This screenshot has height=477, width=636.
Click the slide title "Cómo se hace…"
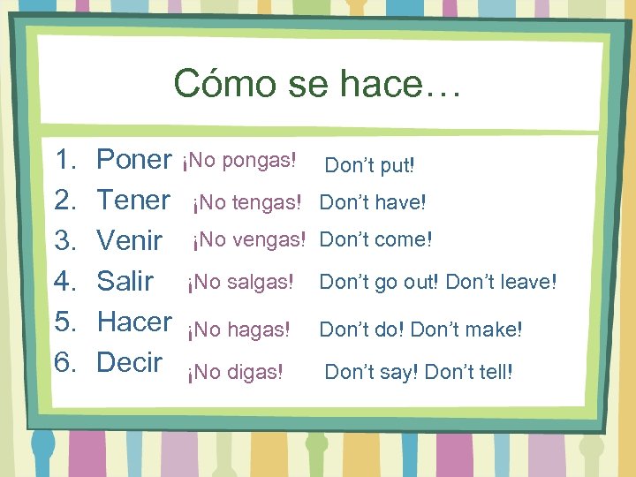[x=317, y=84]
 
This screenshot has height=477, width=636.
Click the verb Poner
[x=133, y=160]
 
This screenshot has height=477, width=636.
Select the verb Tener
[x=132, y=201]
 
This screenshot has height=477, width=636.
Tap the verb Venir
[x=129, y=240]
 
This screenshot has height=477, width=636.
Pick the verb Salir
[x=125, y=281]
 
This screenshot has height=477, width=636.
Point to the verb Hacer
[x=134, y=322]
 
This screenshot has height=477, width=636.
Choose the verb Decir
[x=129, y=362]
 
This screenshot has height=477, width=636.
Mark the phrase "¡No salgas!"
[x=238, y=283]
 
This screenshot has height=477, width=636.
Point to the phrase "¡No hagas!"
[x=238, y=330]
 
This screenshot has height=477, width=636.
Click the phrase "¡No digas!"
[x=235, y=373]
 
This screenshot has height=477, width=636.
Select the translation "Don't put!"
[x=369, y=165]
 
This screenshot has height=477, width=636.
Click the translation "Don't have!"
[x=373, y=203]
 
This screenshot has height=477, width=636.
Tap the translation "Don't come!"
[x=376, y=239]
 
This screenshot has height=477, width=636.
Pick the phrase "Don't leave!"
[x=502, y=283]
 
